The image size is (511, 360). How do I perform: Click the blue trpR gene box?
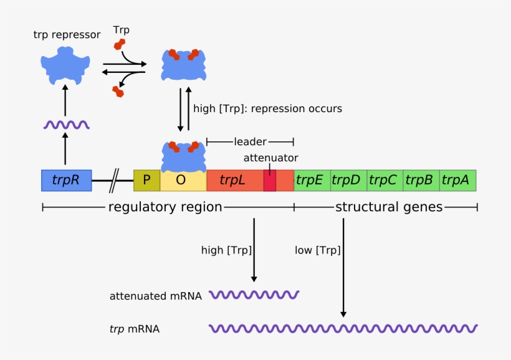(66, 181)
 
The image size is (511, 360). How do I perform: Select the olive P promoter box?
(147, 181)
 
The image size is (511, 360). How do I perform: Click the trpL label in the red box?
(232, 181)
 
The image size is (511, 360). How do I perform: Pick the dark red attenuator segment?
(269, 181)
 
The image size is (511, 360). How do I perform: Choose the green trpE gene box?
(311, 181)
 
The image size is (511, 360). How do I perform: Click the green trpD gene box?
(348, 181)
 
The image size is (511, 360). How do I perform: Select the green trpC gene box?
(384, 181)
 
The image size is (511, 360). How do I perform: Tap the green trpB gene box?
(421, 181)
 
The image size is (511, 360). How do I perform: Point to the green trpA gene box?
(457, 181)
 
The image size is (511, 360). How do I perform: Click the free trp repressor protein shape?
(65, 67)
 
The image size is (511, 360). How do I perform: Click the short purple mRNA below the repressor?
(66, 125)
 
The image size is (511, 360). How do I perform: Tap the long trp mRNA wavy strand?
(343, 328)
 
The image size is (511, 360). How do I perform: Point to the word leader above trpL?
(249, 142)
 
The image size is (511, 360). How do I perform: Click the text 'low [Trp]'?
(318, 250)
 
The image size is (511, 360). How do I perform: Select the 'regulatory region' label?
(165, 207)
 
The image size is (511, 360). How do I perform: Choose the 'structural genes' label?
(389, 207)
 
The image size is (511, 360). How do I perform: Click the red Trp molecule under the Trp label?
(119, 45)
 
